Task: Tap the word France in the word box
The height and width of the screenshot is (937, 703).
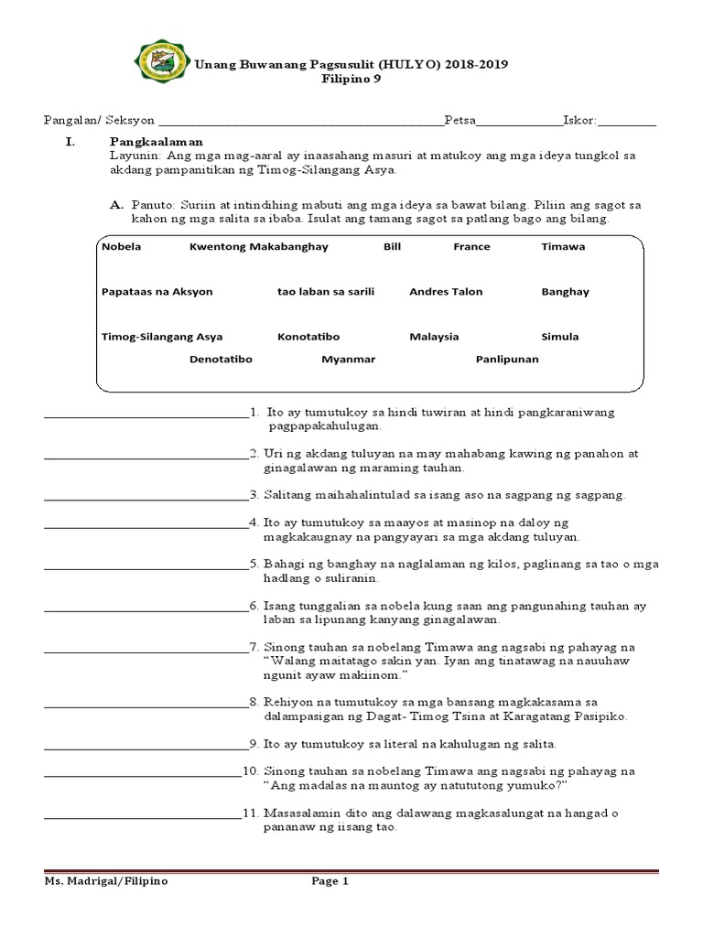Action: click(x=471, y=247)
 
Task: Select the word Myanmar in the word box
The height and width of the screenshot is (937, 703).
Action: click(x=348, y=360)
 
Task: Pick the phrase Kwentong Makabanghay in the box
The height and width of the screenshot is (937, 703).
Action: click(x=258, y=247)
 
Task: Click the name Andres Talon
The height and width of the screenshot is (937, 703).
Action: click(x=446, y=292)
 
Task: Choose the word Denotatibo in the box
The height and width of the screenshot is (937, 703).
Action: click(x=221, y=360)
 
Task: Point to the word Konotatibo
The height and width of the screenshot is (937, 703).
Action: click(x=308, y=337)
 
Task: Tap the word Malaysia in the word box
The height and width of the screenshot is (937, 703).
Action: click(x=434, y=337)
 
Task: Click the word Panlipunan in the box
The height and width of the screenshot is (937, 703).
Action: click(x=507, y=360)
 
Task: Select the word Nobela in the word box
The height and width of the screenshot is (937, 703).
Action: click(x=122, y=247)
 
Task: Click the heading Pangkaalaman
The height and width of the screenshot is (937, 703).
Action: click(x=156, y=142)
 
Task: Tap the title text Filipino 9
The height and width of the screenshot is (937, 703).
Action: click(x=351, y=79)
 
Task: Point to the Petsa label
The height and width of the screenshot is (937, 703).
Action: click(x=460, y=120)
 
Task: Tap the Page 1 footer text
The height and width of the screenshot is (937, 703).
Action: click(x=330, y=882)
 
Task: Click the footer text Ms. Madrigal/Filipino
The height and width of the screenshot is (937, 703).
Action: click(x=106, y=882)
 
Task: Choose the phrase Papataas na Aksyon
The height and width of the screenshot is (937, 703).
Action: click(x=157, y=292)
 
